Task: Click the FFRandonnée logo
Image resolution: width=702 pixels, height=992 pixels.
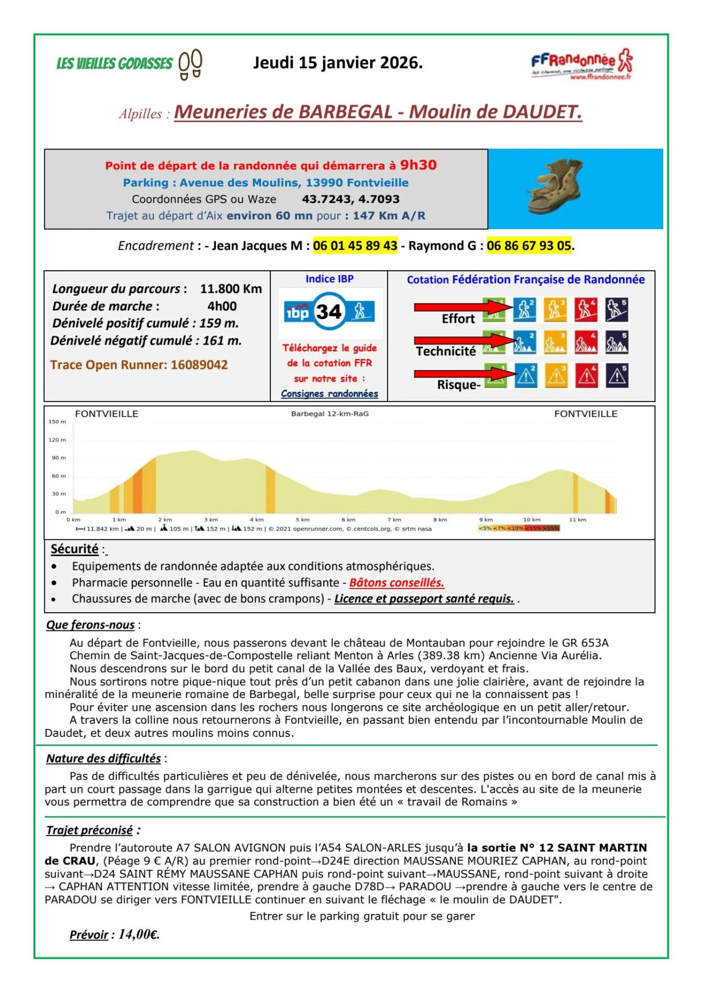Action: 582,64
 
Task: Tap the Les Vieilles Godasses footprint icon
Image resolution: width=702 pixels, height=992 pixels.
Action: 190,64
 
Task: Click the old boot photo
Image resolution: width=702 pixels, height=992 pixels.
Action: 556,187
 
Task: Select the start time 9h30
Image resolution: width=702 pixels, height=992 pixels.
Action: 418,165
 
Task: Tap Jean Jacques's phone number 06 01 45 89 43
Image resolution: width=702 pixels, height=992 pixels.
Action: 355,245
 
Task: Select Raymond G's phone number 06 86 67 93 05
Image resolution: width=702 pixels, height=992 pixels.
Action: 529,245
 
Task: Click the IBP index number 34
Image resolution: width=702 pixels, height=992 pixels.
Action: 329,312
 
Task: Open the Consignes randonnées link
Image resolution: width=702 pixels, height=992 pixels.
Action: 329,394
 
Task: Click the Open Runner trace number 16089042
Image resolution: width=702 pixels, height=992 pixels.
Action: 199,365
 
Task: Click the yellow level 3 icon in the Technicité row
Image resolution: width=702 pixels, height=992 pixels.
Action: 555,343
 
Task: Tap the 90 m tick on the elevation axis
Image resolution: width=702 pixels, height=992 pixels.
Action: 58,458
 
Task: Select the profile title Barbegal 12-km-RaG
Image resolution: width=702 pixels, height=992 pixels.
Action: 330,414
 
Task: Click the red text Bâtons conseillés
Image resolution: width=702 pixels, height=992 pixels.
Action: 396,583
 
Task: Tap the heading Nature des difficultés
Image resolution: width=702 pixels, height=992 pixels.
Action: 103,758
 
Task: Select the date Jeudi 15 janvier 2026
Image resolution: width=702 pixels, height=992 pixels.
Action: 338,63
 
